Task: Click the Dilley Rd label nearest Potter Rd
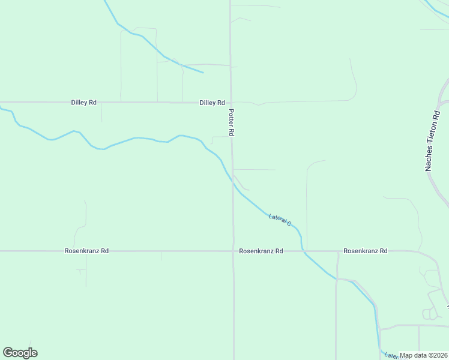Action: click(x=212, y=103)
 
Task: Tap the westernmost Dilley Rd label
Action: click(x=83, y=103)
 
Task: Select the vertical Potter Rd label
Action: click(x=231, y=122)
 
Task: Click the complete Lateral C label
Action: click(x=280, y=220)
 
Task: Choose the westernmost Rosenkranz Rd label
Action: click(x=86, y=251)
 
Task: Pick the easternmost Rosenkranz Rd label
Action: click(x=365, y=251)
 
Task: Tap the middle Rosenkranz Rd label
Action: click(x=261, y=251)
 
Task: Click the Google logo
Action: click(x=20, y=353)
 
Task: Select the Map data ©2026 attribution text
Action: click(x=423, y=355)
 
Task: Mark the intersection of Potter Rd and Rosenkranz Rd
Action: click(x=234, y=251)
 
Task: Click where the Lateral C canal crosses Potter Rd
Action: click(x=233, y=185)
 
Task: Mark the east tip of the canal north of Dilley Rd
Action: click(x=202, y=73)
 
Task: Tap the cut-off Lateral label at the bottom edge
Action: click(x=390, y=355)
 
